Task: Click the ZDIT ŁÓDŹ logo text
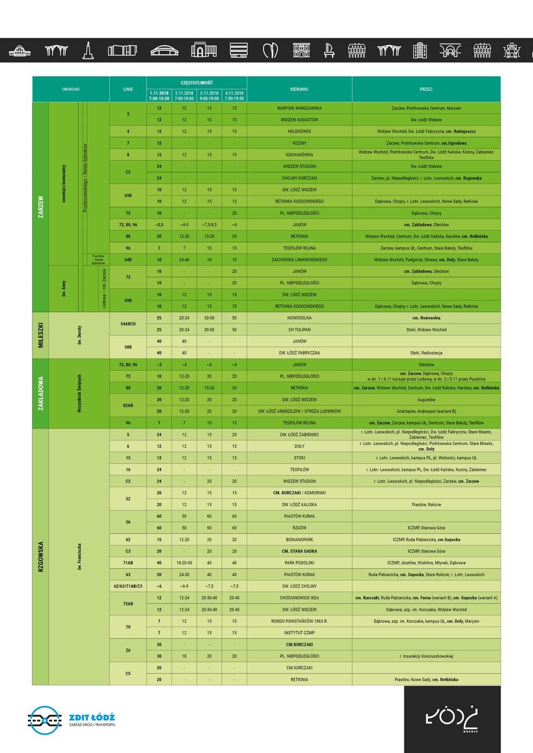point(92,718)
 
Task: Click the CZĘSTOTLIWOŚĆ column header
point(197,83)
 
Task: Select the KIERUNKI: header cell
point(299,89)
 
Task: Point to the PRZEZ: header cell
point(426,89)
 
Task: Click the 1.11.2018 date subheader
point(159,93)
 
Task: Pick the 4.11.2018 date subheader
point(234,93)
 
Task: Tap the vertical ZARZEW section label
point(40,207)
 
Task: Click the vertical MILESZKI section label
point(40,335)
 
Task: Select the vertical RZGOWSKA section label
point(40,557)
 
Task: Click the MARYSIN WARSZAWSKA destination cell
point(299,108)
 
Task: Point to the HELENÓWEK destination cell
point(299,131)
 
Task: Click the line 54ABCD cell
point(128,324)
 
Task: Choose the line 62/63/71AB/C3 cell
point(128,586)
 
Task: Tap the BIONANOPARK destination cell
point(299,539)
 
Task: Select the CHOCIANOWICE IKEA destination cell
point(299,598)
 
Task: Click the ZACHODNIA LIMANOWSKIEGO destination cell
point(299,260)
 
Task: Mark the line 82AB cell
point(128,406)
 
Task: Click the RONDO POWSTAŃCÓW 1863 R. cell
point(299,621)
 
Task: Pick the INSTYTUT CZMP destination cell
point(299,633)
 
